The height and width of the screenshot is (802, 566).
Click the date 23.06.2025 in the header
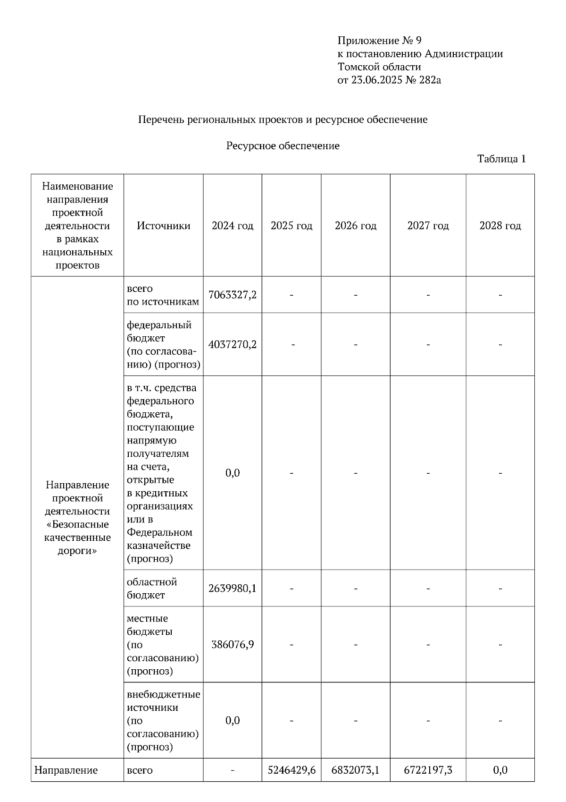coord(376,80)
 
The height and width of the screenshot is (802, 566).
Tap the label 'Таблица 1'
coord(501,159)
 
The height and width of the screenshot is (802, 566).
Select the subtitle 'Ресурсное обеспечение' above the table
coord(283,145)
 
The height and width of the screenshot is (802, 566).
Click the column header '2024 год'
coord(233,226)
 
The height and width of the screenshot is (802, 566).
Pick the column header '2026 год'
coord(356,226)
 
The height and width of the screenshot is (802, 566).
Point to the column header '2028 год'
coord(500,226)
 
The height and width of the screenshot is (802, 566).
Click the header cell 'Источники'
coord(163,226)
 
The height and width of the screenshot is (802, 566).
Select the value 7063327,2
coord(233,295)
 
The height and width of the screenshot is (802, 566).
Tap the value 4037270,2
coord(233,344)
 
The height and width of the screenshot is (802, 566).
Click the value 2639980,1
coord(233,588)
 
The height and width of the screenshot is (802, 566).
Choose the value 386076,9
coord(233,644)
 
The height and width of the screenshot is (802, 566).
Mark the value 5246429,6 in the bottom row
coord(291,770)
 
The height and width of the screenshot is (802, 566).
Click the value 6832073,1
coord(356,770)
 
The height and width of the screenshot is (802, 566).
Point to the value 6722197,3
coord(428,770)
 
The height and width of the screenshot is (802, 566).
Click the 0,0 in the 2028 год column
coord(500,770)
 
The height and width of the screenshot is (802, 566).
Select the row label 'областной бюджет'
coord(152,589)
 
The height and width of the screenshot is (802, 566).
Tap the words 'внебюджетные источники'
coord(163,701)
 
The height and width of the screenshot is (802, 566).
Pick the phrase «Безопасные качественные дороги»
coord(77,538)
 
